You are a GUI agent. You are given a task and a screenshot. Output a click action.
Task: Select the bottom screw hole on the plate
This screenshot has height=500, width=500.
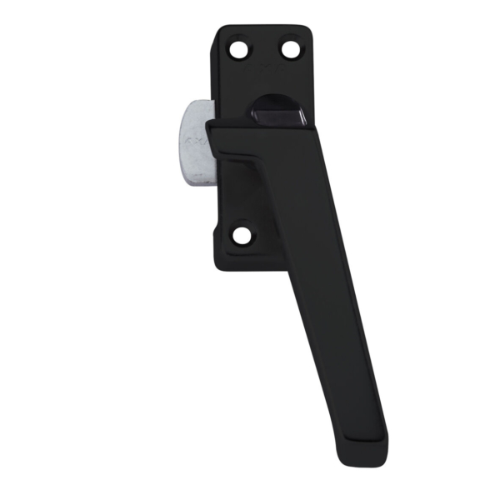[x=242, y=236]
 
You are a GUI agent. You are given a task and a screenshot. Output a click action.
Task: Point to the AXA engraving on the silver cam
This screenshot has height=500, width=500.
[x=194, y=142]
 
